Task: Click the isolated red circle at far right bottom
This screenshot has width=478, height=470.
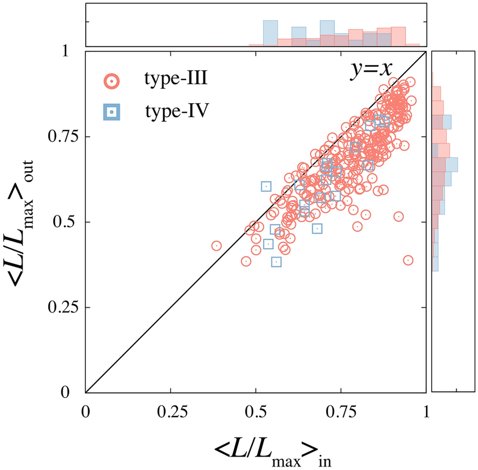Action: coord(408,261)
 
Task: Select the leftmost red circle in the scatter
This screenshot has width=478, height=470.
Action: coord(217,246)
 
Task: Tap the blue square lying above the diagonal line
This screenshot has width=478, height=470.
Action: coord(266,186)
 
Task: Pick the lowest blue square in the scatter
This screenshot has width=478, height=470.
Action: coord(276,262)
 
